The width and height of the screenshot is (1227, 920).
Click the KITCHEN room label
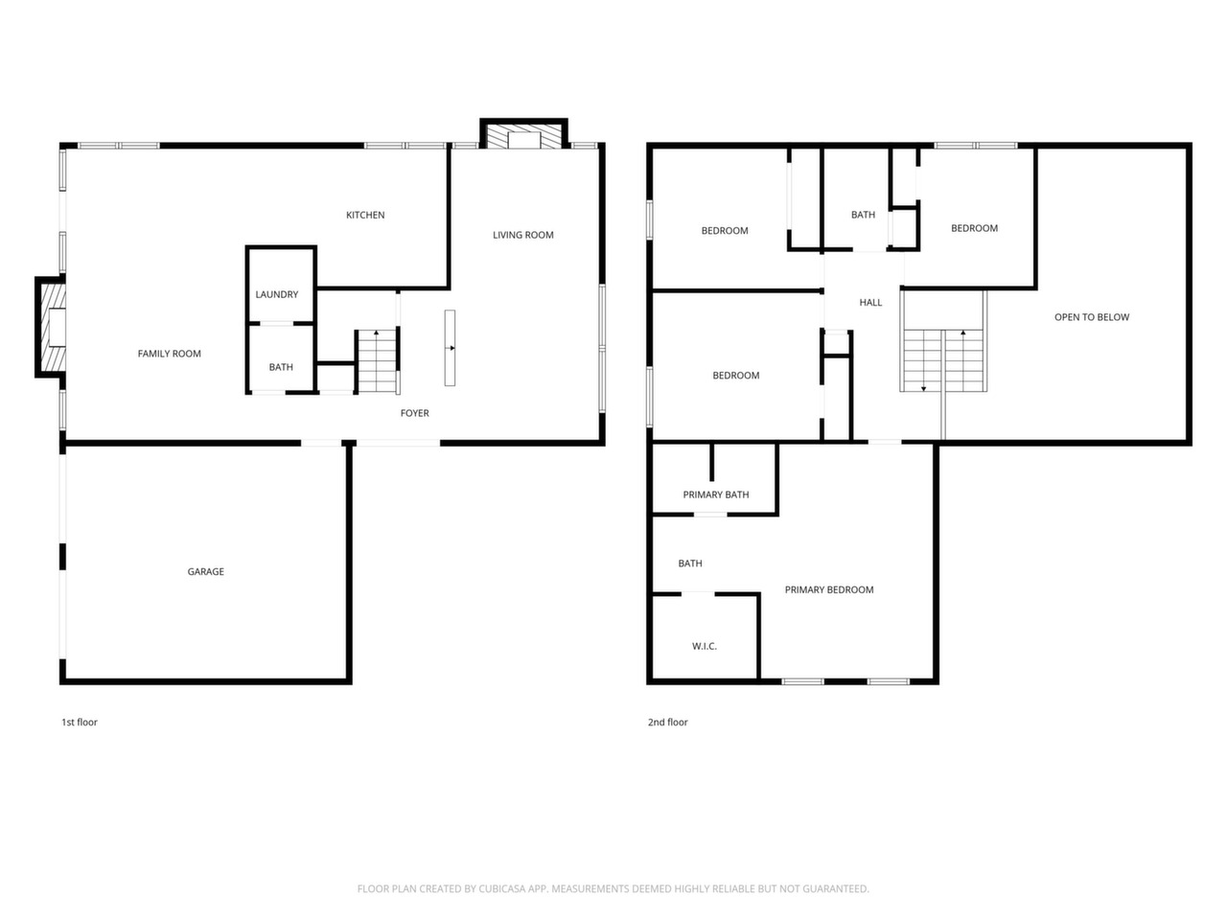[365, 215]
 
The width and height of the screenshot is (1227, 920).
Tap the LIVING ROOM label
[522, 235]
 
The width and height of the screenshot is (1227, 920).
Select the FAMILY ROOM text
[170, 354]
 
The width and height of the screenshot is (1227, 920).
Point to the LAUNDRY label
[277, 294]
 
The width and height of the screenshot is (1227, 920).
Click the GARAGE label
[206, 571]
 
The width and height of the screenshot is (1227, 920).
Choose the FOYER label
[415, 413]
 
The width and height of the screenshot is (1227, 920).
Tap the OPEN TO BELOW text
[1092, 317]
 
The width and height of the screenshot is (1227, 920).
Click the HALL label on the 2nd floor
[870, 303]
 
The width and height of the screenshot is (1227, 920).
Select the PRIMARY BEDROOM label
[829, 590]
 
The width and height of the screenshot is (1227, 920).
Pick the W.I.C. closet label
[705, 646]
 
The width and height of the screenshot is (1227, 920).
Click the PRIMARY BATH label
[715, 494]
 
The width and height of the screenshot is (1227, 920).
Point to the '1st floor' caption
[80, 723]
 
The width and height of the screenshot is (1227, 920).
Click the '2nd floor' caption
[667, 723]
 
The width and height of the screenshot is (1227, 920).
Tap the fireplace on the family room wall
[51, 328]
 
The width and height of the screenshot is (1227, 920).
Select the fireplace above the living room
[523, 133]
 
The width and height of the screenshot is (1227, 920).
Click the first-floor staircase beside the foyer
[378, 361]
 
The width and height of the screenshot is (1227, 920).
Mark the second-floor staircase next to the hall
[943, 360]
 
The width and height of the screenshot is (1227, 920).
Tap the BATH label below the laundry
[281, 367]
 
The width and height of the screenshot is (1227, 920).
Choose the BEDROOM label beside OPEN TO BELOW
[974, 228]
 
